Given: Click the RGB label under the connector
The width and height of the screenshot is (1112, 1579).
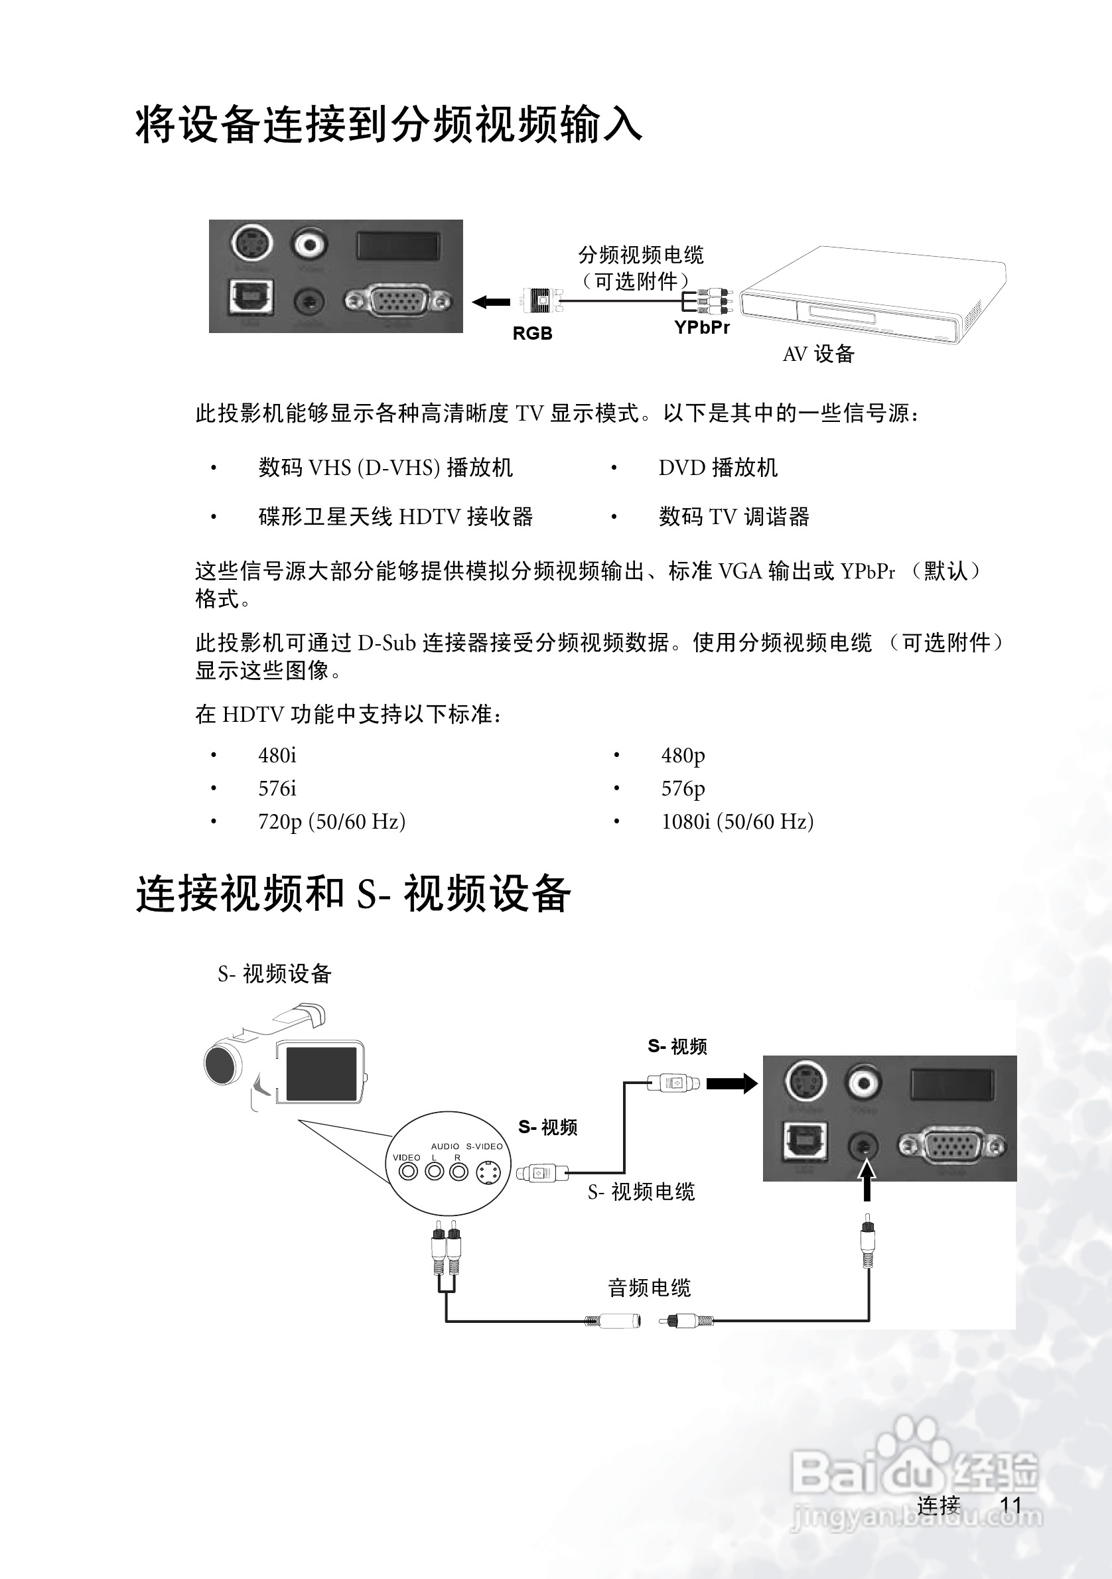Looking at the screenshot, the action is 532,334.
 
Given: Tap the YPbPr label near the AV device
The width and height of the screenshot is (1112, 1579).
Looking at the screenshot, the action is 701,327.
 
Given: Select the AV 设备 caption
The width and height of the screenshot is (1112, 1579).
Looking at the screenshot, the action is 818,354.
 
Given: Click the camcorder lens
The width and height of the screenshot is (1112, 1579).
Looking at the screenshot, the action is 222,1064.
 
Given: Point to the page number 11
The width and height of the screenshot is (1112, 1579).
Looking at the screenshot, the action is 1010,1505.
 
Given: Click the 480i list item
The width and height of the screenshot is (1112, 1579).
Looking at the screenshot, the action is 277,755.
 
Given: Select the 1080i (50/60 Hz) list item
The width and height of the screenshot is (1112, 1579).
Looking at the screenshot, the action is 737,821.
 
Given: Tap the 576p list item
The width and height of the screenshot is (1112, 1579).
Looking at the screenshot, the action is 683,788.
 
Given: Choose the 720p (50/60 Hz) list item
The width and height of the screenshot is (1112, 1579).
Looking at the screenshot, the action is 332,821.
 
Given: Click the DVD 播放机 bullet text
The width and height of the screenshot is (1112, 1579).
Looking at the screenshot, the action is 718,468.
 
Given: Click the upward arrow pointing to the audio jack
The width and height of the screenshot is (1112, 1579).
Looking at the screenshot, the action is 868,1180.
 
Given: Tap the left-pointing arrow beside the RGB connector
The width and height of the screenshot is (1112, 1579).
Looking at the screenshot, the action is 490,301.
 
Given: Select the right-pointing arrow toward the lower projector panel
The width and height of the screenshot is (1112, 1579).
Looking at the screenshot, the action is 732,1084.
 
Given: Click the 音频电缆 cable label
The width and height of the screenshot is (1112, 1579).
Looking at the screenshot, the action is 649,1287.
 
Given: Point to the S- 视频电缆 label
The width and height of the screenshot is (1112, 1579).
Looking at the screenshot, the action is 641,1191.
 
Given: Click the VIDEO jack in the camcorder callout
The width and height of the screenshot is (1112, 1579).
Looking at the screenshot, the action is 409,1171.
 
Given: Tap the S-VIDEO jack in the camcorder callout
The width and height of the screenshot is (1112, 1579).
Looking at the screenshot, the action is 488,1172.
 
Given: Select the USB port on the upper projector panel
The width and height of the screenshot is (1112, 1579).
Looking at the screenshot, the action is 250,297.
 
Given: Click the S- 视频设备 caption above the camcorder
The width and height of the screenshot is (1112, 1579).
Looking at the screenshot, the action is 275,974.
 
